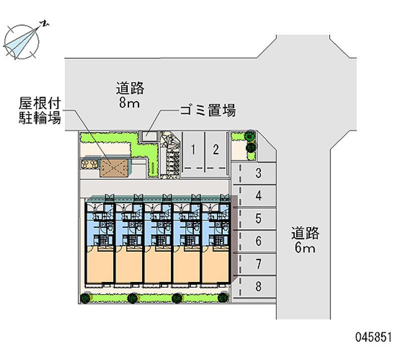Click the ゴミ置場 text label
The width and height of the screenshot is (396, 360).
coord(207,110)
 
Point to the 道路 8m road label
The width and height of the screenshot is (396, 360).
coord(130,95)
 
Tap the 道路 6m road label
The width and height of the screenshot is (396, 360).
coord(304,240)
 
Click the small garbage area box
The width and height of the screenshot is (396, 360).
coord(148,135)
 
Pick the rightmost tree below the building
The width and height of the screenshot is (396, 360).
coord(223,298)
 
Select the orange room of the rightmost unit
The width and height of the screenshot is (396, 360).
coord(216,266)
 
